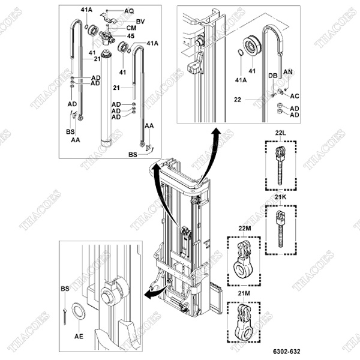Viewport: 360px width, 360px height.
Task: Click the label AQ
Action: coord(129,11)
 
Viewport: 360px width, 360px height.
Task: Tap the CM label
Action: coord(130,28)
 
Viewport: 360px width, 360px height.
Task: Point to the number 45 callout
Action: coord(130,35)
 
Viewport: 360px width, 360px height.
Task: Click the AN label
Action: coord(287,71)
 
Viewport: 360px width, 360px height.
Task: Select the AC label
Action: coord(294,95)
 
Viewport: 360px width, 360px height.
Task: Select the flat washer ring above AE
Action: coord(77,312)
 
